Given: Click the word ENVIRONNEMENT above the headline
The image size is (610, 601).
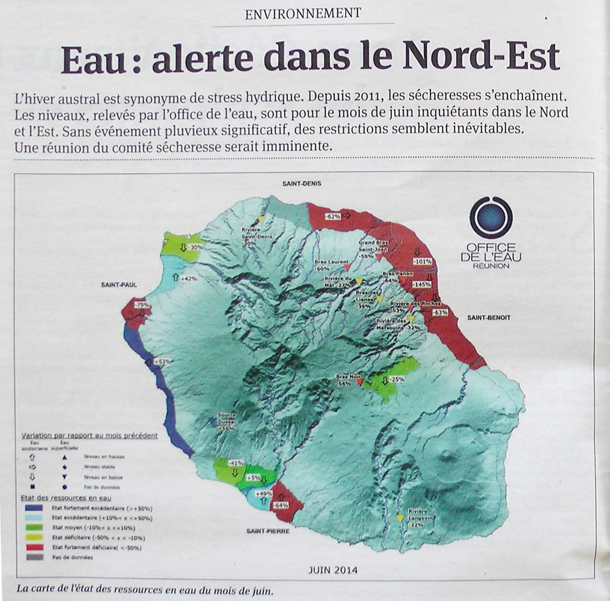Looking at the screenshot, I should pyautogui.click(x=303, y=13).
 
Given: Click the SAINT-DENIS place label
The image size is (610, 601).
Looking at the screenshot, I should pyautogui.click(x=301, y=183).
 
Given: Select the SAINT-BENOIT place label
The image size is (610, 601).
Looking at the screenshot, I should pyautogui.click(x=489, y=318).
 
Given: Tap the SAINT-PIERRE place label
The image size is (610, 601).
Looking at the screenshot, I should pyautogui.click(x=268, y=531).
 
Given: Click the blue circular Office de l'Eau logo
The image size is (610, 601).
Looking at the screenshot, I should pyautogui.click(x=491, y=218).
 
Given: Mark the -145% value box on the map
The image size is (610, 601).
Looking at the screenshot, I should pyautogui.click(x=422, y=285).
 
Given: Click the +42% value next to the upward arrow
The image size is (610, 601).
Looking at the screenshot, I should pyautogui.click(x=189, y=278).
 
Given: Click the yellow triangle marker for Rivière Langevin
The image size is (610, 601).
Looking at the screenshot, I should pyautogui.click(x=400, y=518).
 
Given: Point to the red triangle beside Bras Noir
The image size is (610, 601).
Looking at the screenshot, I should pyautogui.click(x=360, y=382).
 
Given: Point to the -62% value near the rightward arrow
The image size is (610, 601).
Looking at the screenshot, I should pyautogui.click(x=332, y=216).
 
